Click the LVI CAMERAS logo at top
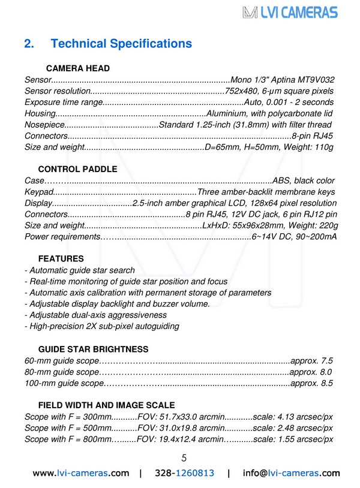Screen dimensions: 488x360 [290, 12]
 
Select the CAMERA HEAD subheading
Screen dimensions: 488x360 [74, 68]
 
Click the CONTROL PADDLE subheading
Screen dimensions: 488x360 [78, 170]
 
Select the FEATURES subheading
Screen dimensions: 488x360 [61, 259]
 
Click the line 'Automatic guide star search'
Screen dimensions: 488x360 [79, 270]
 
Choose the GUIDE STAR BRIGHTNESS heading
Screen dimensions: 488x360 [93, 349]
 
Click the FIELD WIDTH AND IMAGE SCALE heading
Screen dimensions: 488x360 [106, 405]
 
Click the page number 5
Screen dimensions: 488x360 [184, 458]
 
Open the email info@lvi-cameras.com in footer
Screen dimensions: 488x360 [291, 473]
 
